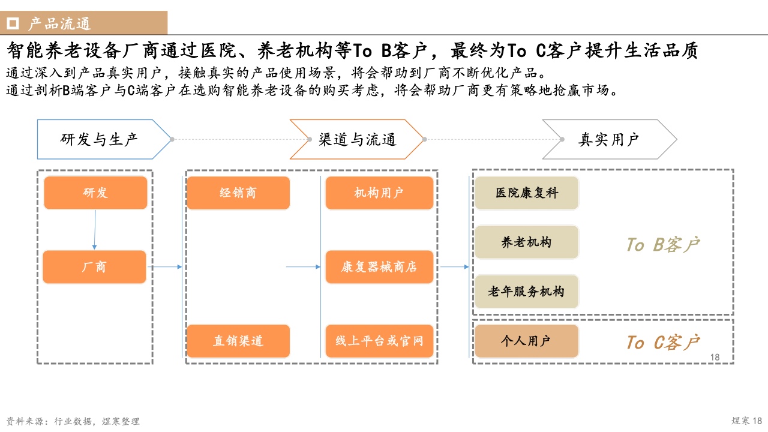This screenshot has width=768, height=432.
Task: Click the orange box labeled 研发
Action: click(x=95, y=193)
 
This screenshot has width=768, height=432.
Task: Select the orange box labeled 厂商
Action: click(x=95, y=267)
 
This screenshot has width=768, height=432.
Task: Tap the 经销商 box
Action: click(x=238, y=193)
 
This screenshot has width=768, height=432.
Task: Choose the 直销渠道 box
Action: click(x=238, y=341)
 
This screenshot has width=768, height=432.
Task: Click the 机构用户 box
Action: click(x=380, y=193)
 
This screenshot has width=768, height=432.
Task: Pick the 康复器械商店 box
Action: click(x=380, y=267)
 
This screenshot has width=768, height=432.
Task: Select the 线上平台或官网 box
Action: click(x=380, y=341)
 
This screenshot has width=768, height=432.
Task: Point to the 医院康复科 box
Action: click(x=527, y=193)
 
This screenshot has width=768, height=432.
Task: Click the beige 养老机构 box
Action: click(x=527, y=242)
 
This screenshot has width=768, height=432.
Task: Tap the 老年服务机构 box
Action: click(x=527, y=292)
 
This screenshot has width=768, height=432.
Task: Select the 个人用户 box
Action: click(x=527, y=341)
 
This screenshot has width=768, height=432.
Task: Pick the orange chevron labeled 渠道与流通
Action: click(x=356, y=139)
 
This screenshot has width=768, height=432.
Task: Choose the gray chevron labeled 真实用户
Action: click(x=610, y=139)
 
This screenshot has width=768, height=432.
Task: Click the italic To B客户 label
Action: click(x=663, y=244)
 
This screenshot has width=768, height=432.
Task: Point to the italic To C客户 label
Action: click(x=663, y=342)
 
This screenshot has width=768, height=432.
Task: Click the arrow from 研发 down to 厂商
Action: click(x=95, y=230)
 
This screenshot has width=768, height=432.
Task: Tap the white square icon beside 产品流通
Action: click(x=13, y=23)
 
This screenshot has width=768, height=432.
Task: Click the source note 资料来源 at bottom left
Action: click(x=73, y=421)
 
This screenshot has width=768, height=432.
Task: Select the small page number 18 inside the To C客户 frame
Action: click(x=715, y=357)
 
